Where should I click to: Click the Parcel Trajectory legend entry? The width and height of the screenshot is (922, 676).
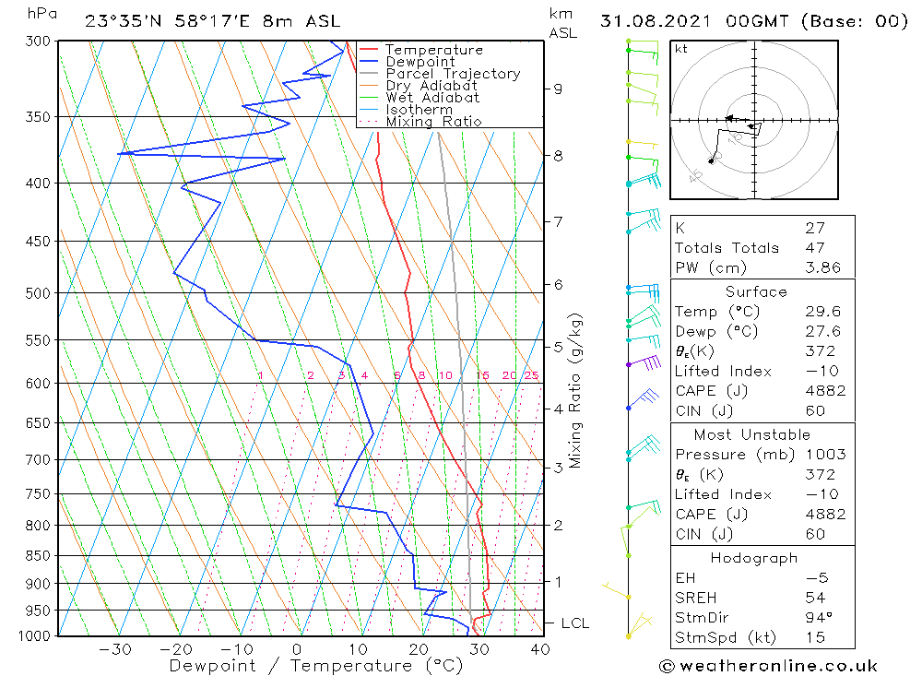[x=453, y=74]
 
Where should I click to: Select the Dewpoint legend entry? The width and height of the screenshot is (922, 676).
[x=420, y=62]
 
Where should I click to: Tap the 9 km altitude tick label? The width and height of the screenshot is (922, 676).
[x=558, y=89]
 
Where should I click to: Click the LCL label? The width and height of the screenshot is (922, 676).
[x=574, y=623]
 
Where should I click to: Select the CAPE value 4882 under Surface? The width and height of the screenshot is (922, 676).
[x=825, y=391]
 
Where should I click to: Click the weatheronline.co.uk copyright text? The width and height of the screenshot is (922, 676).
[x=768, y=666]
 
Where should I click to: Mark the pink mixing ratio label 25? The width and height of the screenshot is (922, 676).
[x=531, y=375]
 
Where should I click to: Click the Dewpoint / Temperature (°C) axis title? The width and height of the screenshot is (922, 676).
[x=315, y=665]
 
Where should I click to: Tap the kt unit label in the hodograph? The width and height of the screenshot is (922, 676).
[x=681, y=49]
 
